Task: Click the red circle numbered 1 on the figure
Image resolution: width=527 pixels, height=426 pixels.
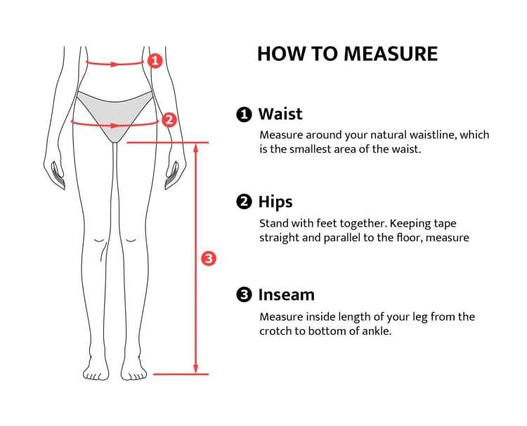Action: tap(155, 61)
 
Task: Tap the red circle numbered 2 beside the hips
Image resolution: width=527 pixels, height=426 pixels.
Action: tap(169, 120)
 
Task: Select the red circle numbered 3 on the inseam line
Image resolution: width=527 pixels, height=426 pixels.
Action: tap(209, 258)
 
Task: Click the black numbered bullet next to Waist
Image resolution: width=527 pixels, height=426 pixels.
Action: tap(244, 114)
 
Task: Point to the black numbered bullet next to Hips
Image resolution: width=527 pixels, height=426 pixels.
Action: tap(244, 202)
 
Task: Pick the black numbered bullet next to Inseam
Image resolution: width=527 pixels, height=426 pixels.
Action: tap(244, 295)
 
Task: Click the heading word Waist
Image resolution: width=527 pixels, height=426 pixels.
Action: tap(280, 114)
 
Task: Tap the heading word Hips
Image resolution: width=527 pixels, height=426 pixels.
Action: tap(275, 202)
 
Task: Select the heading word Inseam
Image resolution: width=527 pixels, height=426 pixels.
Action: tap(287, 295)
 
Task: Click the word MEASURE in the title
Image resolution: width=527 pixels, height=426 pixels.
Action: tap(391, 54)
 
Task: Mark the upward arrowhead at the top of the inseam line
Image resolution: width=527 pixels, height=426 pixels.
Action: tap(196, 148)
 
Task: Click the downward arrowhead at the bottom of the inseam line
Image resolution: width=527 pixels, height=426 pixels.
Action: tap(196, 368)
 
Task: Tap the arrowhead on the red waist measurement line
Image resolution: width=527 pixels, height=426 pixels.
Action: tap(115, 64)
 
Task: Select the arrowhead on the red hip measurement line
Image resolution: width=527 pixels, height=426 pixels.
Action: tap(115, 126)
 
